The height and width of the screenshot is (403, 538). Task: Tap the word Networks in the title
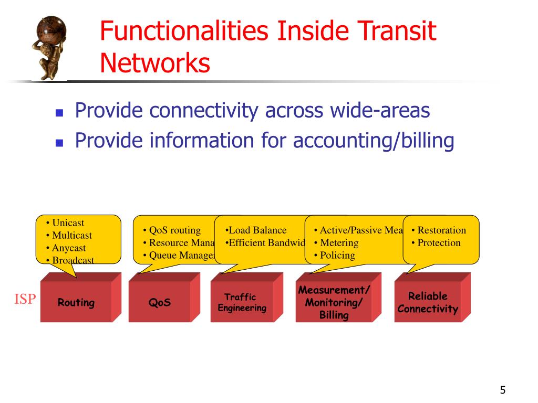click(x=155, y=63)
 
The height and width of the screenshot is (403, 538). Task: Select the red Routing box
click(x=76, y=303)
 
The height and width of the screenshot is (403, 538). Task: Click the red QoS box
click(x=160, y=303)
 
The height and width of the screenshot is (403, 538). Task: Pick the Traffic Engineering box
click(x=242, y=303)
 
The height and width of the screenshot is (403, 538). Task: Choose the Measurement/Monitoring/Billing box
click(x=334, y=303)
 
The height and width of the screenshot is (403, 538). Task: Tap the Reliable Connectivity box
click(x=427, y=303)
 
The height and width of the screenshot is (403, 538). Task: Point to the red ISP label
click(x=25, y=300)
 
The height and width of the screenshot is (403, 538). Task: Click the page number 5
click(x=503, y=390)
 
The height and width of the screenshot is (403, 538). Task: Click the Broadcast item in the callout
click(x=73, y=260)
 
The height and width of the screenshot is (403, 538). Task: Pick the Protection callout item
click(x=439, y=243)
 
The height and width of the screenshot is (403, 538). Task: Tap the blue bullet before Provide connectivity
click(x=59, y=112)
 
